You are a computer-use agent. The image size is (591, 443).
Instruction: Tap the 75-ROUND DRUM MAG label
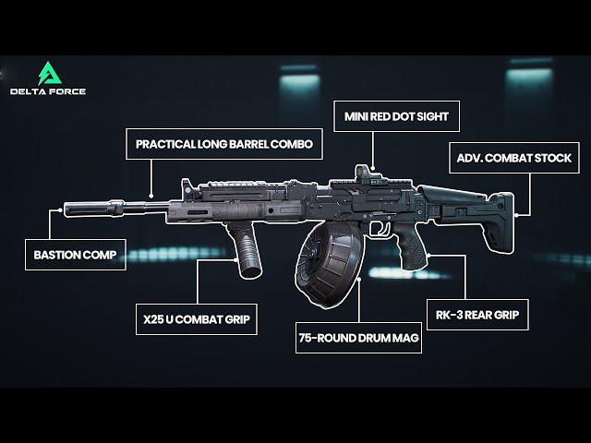pos(359,338)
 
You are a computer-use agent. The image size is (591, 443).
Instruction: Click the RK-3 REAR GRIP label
pos(477,315)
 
